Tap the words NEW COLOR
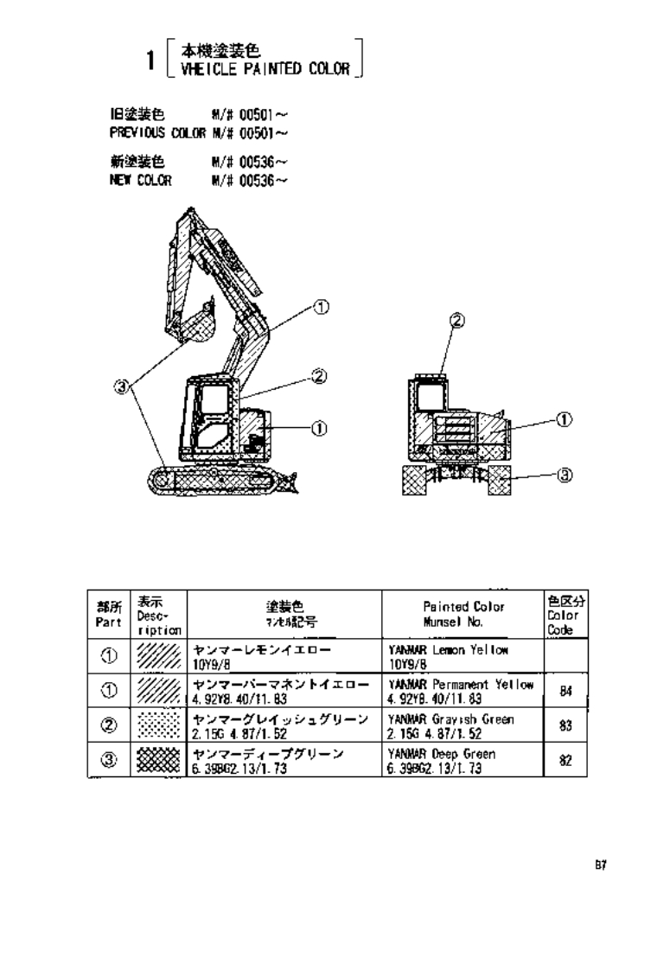pos(140,181)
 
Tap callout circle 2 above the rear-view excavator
pos(457,321)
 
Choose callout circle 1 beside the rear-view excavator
pos(564,419)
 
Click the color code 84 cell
pos(563,692)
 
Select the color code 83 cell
pos(563,727)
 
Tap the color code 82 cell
pos(563,761)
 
